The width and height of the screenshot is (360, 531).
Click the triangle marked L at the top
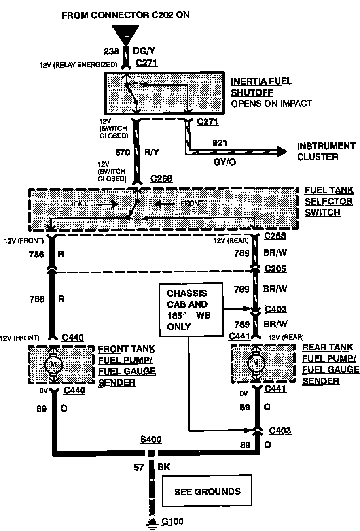point(126,33)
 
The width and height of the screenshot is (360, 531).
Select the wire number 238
point(112,51)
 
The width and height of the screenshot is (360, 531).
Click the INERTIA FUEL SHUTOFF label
point(261,87)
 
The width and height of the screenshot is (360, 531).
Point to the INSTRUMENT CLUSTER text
point(326,151)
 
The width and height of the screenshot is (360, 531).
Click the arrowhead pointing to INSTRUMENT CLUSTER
point(281,152)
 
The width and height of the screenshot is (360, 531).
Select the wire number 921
point(220,143)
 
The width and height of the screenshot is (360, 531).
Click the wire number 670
point(122,153)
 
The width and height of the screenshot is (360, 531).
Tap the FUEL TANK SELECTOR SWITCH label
point(329,201)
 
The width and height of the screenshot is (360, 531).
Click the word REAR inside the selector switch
point(78,204)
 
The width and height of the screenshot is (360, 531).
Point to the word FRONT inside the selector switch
point(191,203)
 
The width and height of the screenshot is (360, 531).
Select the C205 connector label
point(275,269)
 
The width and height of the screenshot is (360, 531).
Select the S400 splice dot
point(151,452)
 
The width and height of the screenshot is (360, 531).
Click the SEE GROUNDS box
point(207,492)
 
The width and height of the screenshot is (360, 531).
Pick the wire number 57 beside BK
point(139,468)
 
